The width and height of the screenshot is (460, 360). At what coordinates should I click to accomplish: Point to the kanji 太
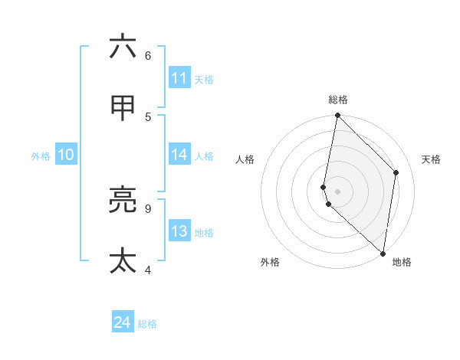[123, 260]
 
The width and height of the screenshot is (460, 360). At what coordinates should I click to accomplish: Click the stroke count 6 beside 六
[148, 55]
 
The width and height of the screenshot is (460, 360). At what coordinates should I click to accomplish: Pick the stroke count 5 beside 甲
[148, 116]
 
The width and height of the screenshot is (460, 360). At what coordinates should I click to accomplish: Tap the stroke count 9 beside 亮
[148, 208]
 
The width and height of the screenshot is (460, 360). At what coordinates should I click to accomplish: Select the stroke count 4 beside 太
[148, 270]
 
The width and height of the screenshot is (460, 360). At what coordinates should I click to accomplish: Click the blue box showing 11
[179, 78]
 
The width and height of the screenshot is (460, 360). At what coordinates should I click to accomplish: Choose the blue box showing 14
[179, 155]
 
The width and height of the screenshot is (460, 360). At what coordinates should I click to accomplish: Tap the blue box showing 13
[179, 231]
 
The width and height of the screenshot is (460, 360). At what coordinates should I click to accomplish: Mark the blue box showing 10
[66, 155]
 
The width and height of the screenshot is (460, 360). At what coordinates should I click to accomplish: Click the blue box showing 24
[123, 322]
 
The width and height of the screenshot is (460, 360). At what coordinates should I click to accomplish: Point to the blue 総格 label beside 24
[147, 324]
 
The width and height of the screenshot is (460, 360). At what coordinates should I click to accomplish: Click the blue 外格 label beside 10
[41, 156]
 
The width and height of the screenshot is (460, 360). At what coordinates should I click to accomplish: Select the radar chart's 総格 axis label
[337, 100]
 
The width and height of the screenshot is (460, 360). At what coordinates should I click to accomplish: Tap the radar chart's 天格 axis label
[431, 159]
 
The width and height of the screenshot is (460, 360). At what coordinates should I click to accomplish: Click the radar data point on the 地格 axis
[383, 253]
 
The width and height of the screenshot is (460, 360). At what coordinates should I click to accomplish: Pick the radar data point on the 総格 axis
[337, 116]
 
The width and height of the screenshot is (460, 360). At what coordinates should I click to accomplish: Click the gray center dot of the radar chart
[337, 191]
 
